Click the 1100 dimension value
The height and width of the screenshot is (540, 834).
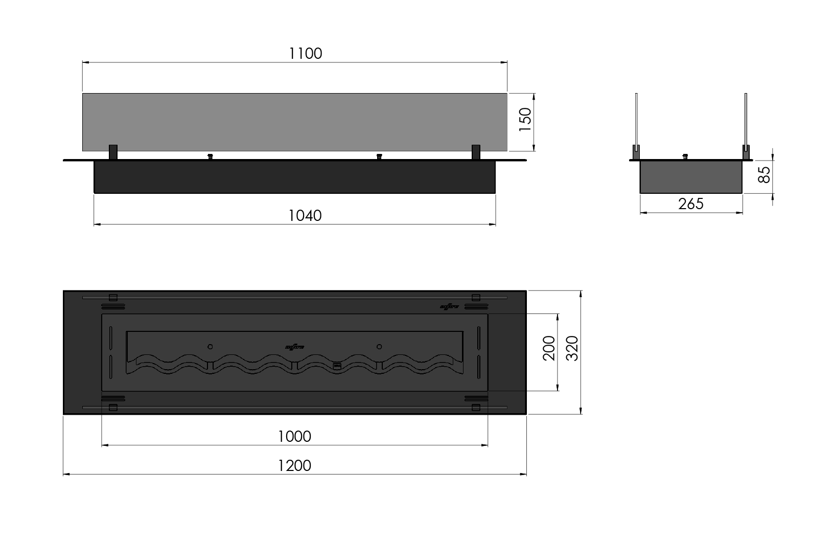point(306,53)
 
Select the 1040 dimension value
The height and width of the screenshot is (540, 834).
point(305,215)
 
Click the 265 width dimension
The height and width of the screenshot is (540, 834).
point(691,204)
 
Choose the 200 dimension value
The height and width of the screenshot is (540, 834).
point(549,348)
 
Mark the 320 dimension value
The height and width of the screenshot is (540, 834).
point(572,348)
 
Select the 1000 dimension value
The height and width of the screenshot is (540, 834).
point(294,436)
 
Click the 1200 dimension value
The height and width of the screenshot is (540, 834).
point(294,466)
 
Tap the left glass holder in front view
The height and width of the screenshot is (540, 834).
point(113,152)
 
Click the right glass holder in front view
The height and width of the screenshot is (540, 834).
point(476,152)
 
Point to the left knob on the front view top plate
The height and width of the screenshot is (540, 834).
point(209,156)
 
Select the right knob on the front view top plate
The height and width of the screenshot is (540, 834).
point(379,156)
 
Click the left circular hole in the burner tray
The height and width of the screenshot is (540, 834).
point(210,347)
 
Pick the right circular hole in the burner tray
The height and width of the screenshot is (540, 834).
point(379,347)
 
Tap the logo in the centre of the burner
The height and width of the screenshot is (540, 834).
point(294,347)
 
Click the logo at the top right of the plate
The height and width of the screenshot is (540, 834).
point(450,306)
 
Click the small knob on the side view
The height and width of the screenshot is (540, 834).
point(686,156)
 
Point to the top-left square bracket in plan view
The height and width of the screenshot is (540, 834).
point(113,297)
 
